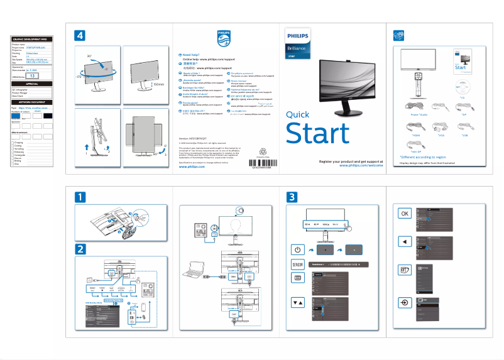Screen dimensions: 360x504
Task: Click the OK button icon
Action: click(x=405, y=214)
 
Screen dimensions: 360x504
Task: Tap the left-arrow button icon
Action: click(x=405, y=241)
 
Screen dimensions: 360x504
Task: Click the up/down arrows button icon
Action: click(x=297, y=302)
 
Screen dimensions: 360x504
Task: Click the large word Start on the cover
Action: click(x=317, y=134)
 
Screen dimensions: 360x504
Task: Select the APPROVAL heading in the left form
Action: click(x=32, y=84)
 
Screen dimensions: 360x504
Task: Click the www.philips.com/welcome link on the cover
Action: click(x=366, y=166)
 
